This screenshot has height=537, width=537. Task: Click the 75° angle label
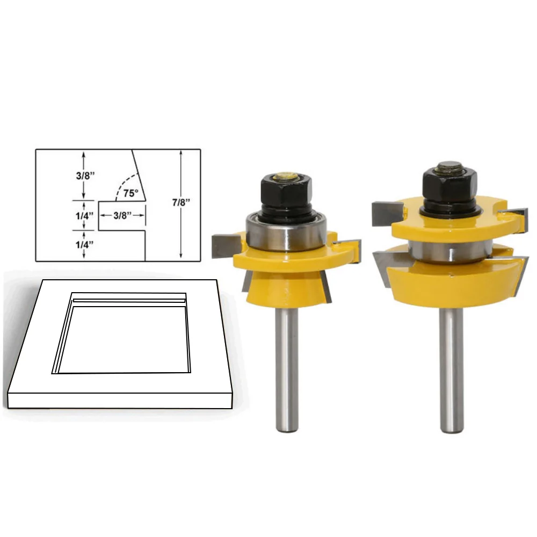click(131, 193)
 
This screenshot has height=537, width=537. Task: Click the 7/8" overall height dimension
click(181, 202)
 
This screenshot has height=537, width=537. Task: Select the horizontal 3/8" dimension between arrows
click(122, 215)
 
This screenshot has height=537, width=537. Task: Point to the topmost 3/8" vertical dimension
click(85, 176)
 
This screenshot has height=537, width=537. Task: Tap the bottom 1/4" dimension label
click(85, 244)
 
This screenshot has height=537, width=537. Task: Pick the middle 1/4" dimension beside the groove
click(85, 216)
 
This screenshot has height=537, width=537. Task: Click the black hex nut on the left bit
click(286, 191)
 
